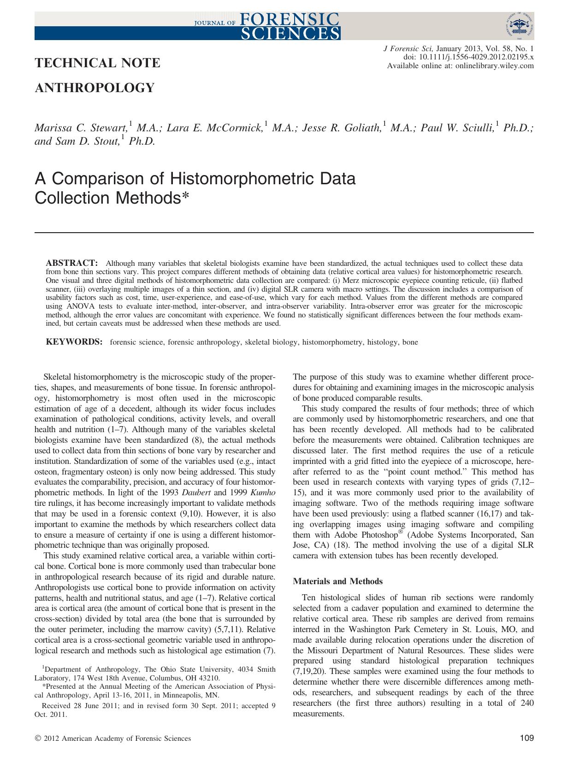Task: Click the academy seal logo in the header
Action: click(518, 25)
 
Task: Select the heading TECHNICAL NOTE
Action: click(98, 63)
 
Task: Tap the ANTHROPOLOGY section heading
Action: click(95, 88)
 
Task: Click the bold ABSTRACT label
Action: click(71, 263)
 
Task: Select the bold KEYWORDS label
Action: click(74, 342)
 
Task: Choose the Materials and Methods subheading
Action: click(337, 581)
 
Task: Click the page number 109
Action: click(527, 739)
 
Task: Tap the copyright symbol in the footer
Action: click(38, 739)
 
